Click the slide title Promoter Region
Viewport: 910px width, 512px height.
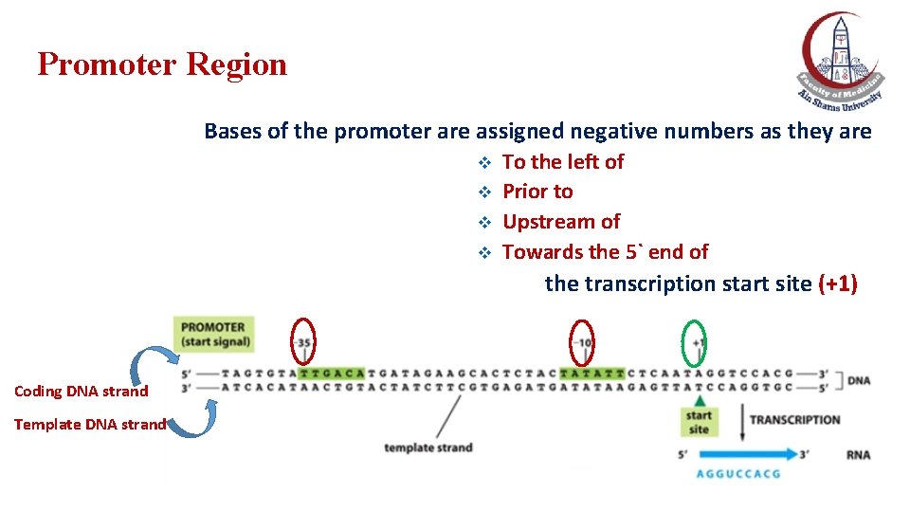(x=162, y=64)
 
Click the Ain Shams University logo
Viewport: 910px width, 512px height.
(x=839, y=59)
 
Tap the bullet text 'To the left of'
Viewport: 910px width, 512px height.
(x=563, y=162)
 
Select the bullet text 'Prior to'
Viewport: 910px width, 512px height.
(x=537, y=192)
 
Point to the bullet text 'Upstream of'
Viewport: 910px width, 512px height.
(x=561, y=222)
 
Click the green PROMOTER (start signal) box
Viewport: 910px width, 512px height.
(x=215, y=335)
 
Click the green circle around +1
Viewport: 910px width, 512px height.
(x=696, y=341)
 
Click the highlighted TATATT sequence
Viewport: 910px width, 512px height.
(x=592, y=373)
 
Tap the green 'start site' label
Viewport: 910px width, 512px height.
(x=699, y=422)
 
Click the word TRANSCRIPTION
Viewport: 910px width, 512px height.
(x=794, y=420)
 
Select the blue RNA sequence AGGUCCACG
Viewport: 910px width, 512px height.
(x=738, y=473)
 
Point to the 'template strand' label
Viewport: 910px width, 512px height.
(x=428, y=448)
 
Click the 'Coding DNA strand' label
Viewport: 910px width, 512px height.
(x=82, y=392)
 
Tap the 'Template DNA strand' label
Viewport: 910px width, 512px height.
(x=90, y=425)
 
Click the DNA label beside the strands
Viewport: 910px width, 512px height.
(x=859, y=380)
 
